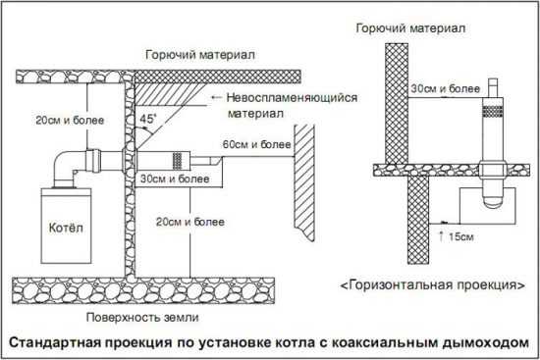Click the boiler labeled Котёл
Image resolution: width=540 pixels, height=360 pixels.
click(67, 226)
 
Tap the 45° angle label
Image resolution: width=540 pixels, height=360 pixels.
click(148, 119)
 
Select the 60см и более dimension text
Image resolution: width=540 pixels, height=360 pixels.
click(256, 144)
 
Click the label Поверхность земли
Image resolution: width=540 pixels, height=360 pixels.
click(142, 317)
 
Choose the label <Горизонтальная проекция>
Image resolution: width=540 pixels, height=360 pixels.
click(433, 285)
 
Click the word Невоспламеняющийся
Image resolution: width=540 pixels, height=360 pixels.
click(292, 98)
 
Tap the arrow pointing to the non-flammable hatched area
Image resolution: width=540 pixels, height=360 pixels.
click(216, 97)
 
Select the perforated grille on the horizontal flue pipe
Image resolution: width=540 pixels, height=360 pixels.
click(177, 161)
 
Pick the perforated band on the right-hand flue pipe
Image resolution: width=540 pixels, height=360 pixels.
click(493, 111)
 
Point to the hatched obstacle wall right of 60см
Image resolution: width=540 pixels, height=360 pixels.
click(304, 182)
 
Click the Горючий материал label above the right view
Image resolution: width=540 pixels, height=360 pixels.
click(410, 27)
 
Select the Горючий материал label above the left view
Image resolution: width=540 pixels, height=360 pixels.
click(200, 55)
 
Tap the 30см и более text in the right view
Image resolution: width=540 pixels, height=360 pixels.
click(445, 89)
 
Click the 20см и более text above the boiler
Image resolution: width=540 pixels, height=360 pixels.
click(70, 121)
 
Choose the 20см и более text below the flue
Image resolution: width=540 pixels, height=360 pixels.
click(190, 222)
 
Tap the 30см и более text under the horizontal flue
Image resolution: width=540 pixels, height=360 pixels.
click(175, 179)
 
